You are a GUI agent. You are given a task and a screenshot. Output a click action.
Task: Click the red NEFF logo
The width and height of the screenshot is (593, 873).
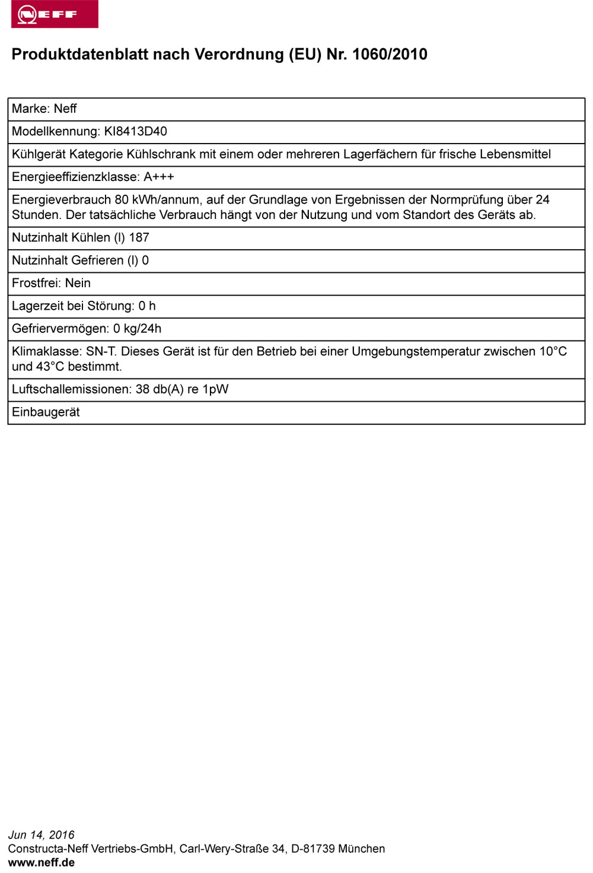pos(55,14)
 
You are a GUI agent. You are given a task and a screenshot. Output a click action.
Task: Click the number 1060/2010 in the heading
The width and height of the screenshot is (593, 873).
pos(390,55)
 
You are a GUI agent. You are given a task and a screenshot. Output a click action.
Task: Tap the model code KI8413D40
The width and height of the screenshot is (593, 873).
pos(136,131)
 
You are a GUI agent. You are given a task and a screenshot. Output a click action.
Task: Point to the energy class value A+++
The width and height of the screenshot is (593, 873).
pos(159,177)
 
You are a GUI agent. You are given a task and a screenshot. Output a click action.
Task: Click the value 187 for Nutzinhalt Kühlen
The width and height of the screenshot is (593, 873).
pos(139,237)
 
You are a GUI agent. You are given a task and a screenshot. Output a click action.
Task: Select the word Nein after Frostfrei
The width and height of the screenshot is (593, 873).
pos(78,283)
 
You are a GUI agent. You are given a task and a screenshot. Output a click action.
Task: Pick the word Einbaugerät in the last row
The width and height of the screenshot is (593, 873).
pos(46,412)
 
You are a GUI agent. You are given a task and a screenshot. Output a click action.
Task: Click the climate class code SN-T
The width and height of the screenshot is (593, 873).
pos(101,351)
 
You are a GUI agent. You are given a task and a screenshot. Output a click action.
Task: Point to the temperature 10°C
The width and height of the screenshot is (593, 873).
pos(553,351)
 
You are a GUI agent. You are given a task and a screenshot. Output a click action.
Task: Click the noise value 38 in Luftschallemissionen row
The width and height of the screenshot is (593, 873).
pos(142,389)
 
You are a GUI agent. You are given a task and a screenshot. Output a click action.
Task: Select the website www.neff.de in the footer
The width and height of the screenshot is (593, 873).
pos(42,862)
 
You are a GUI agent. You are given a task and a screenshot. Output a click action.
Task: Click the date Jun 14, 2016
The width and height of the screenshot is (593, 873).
pos(42,835)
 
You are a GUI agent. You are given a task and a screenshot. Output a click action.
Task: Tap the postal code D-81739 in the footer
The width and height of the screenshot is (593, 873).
pos(313,849)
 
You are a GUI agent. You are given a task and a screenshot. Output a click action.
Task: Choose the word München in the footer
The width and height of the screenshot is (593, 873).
pos(362,849)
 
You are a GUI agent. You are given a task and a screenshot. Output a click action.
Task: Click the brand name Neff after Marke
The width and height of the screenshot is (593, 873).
pos(65,109)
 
